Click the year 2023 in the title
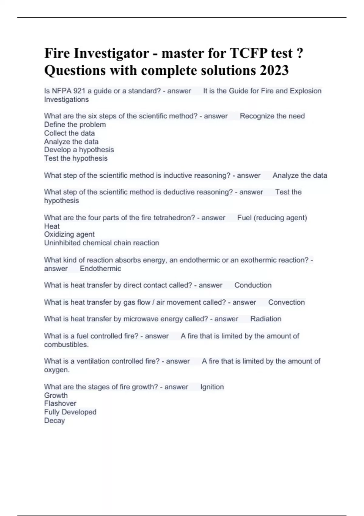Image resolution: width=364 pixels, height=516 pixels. [274, 70]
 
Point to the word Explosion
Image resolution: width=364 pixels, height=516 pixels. [305, 91]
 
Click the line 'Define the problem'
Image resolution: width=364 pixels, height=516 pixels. [75, 125]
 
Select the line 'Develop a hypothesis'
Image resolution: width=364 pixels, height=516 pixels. [79, 150]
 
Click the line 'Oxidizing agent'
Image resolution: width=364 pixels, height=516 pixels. [69, 234]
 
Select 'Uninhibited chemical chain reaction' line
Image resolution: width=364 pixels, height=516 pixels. [102, 243]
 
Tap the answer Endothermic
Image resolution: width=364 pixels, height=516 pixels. [100, 269]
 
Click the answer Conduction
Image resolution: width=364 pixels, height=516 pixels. [253, 285]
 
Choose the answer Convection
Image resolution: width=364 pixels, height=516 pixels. [286, 302]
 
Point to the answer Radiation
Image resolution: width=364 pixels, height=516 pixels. [266, 319]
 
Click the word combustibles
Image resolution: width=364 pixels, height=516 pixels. [66, 345]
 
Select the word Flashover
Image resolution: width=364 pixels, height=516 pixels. [60, 403]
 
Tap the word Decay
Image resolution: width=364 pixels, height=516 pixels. [55, 421]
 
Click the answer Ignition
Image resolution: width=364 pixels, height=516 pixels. [212, 387]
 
